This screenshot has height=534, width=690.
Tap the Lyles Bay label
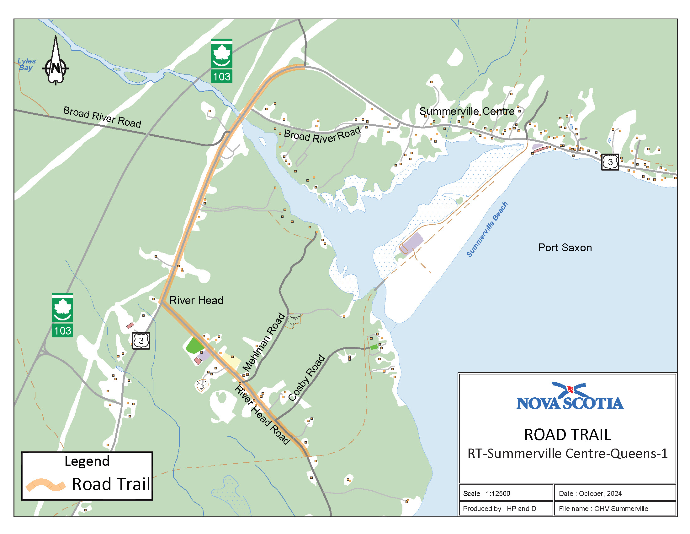click(x=26, y=64)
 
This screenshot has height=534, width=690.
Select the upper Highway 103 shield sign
click(x=221, y=61)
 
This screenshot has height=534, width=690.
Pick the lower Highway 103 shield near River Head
click(x=62, y=315)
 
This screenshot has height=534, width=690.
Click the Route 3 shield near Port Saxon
click(x=610, y=162)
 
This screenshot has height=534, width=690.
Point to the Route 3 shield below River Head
click(x=141, y=341)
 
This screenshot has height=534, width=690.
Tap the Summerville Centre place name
click(x=467, y=112)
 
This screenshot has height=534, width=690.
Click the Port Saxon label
click(x=565, y=248)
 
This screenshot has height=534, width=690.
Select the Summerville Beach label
click(x=487, y=229)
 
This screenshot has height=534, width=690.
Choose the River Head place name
click(x=196, y=300)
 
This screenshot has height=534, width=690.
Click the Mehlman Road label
click(x=264, y=342)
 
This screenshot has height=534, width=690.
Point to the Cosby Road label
click(x=306, y=378)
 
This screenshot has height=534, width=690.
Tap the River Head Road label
click(x=262, y=415)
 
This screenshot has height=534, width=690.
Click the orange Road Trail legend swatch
click(x=45, y=485)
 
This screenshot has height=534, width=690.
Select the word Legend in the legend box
click(x=87, y=461)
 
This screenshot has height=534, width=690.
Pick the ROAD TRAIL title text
click(x=568, y=435)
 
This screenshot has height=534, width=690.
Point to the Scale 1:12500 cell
click(x=486, y=493)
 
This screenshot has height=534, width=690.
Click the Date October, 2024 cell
click(x=590, y=493)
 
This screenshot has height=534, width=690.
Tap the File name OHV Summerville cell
click(x=603, y=509)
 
